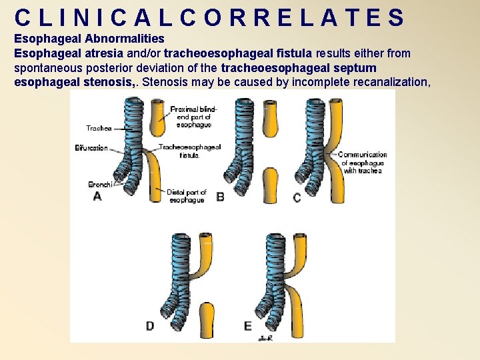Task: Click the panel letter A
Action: [97, 197]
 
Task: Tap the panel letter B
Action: [220, 197]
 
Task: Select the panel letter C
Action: [297, 197]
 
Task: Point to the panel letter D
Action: [150, 325]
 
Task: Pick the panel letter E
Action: [248, 325]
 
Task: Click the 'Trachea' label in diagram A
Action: [98, 128]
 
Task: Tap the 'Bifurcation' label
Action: [91, 148]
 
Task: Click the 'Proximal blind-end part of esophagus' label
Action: [191, 117]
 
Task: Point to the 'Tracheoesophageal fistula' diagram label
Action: [190, 151]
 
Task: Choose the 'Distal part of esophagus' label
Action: [187, 196]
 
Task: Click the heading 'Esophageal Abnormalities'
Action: [89, 39]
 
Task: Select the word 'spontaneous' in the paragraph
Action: [47, 68]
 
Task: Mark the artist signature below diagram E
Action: [264, 338]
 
